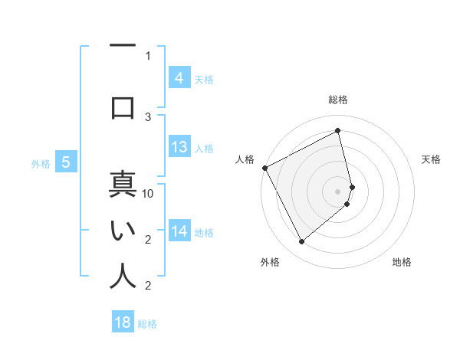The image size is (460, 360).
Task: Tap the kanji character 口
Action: (123, 106)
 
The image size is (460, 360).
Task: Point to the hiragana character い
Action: (123, 230)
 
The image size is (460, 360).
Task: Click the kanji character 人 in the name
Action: (123, 276)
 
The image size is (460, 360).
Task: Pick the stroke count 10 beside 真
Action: (149, 194)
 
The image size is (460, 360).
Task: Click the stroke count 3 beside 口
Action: (149, 116)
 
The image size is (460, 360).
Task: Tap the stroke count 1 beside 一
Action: (149, 55)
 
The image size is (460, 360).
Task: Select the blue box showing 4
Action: (179, 77)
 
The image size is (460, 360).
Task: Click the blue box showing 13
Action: (179, 147)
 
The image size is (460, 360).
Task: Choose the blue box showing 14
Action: (179, 231)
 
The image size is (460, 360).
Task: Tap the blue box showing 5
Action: (66, 162)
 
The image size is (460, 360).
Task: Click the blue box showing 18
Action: (123, 322)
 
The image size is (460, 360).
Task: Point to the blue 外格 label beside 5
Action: (41, 163)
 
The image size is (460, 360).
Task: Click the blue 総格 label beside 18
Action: (148, 324)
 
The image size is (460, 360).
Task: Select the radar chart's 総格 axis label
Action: (338, 100)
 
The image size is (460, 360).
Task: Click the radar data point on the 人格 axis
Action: (264, 168)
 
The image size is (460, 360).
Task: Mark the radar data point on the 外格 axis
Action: (301, 242)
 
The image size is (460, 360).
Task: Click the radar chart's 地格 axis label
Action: (402, 262)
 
